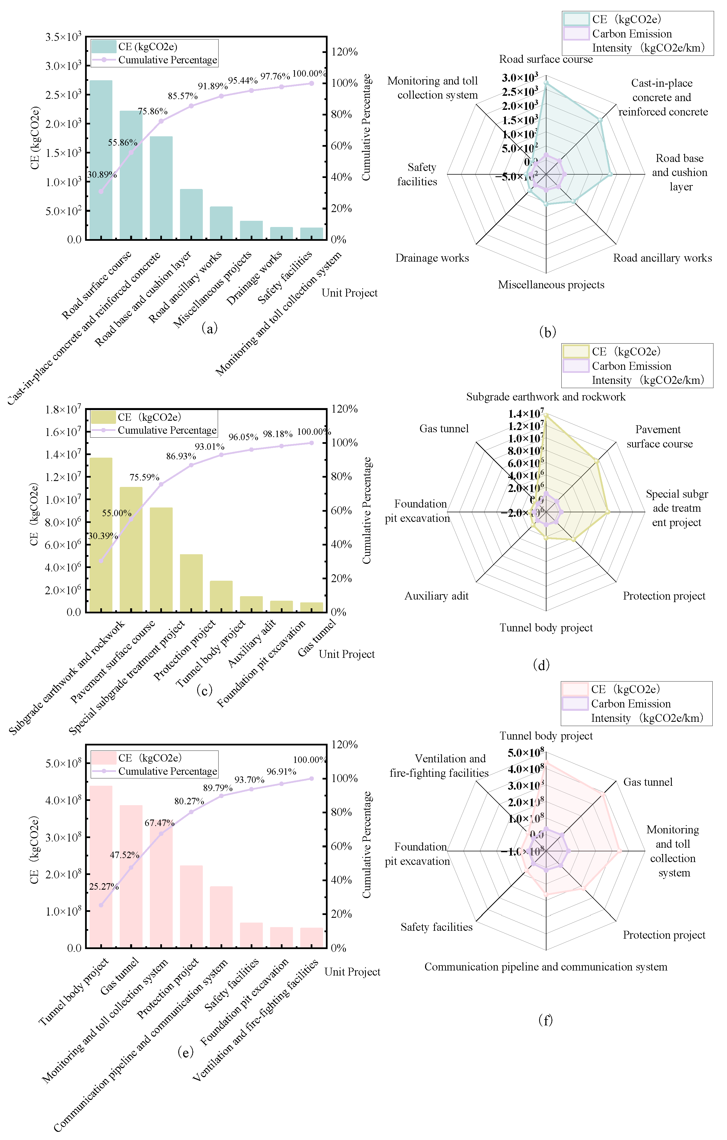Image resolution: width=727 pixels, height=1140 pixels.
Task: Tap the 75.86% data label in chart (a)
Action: point(152,111)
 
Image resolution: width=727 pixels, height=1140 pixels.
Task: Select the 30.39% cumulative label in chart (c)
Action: point(103,536)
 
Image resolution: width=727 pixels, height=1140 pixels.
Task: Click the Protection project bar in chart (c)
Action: point(191,583)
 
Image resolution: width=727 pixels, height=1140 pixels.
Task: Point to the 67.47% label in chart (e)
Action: point(160,823)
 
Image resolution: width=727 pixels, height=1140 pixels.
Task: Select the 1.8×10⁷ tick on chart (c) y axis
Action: point(63,409)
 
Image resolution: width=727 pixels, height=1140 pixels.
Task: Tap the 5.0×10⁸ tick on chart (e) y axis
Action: point(63,763)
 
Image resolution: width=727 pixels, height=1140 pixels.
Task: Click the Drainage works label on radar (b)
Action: point(432,258)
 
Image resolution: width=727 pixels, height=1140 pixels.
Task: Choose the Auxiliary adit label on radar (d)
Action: point(436,596)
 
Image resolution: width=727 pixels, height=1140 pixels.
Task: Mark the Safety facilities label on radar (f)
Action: point(436,927)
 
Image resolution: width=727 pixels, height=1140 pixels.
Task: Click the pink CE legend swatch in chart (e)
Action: point(104,758)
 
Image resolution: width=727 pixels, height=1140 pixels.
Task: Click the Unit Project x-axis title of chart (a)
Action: point(350,293)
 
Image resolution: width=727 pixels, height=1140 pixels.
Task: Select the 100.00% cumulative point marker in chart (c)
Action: point(311,443)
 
